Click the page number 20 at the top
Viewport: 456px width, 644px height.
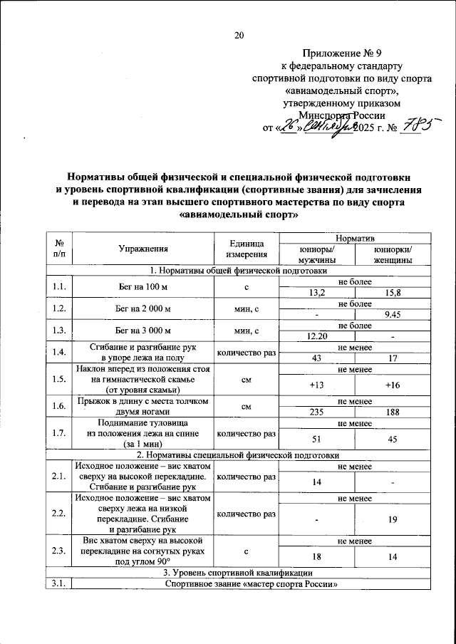pos(239,36)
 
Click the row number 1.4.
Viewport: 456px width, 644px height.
pos(60,353)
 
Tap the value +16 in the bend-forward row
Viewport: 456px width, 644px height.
pos(393,385)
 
